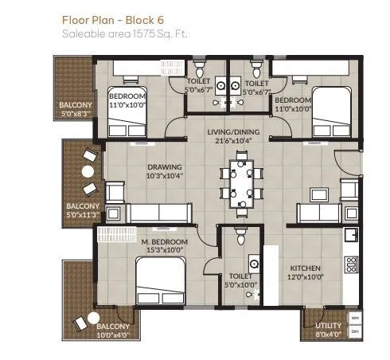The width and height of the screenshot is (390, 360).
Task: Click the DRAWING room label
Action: [165, 167]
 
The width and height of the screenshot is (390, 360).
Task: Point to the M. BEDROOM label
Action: [164, 241]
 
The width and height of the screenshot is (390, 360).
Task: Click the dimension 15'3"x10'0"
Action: [165, 250]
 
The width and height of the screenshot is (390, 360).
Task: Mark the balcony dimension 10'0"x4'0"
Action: [113, 335]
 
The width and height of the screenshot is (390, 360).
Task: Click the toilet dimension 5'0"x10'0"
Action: [238, 283]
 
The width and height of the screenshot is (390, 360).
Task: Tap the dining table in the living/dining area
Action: [240, 182]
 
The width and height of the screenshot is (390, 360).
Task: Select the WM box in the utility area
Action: [355, 317]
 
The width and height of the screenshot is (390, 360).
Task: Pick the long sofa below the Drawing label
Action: [158, 213]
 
